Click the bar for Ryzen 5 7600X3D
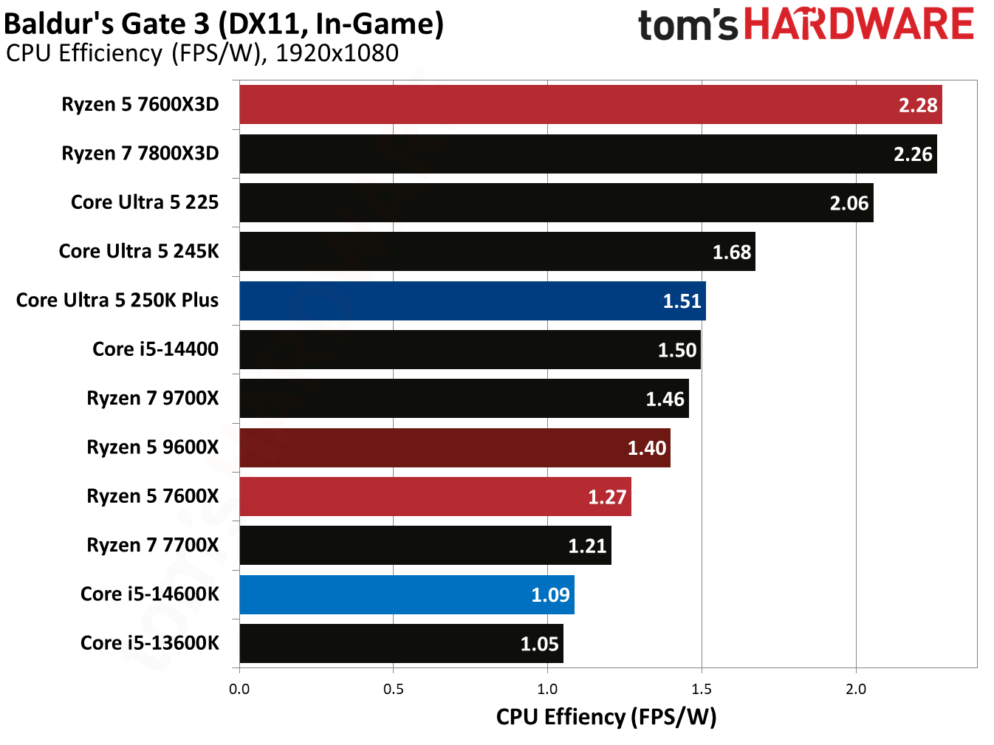pyautogui.click(x=591, y=105)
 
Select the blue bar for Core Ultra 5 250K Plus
pyautogui.click(x=473, y=301)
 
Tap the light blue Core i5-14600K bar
pyautogui.click(x=406, y=594)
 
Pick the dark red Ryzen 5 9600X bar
pyautogui.click(x=454, y=447)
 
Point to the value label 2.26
pyautogui.click(x=913, y=154)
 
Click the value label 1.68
pyautogui.click(x=731, y=253)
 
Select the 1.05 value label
pyautogui.click(x=539, y=644)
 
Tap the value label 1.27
pyautogui.click(x=607, y=497)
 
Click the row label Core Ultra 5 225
pyautogui.click(x=145, y=202)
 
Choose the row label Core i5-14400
pyautogui.click(x=155, y=349)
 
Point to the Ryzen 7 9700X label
pyautogui.click(x=153, y=398)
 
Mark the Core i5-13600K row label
pyautogui.click(x=150, y=643)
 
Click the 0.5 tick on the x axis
pyautogui.click(x=394, y=689)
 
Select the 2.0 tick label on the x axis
pyautogui.click(x=856, y=689)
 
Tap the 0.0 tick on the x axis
pyautogui.click(x=239, y=689)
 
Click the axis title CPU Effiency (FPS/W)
pyautogui.click(x=606, y=717)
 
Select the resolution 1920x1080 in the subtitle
pyautogui.click(x=337, y=53)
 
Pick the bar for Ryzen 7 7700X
pyautogui.click(x=425, y=546)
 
